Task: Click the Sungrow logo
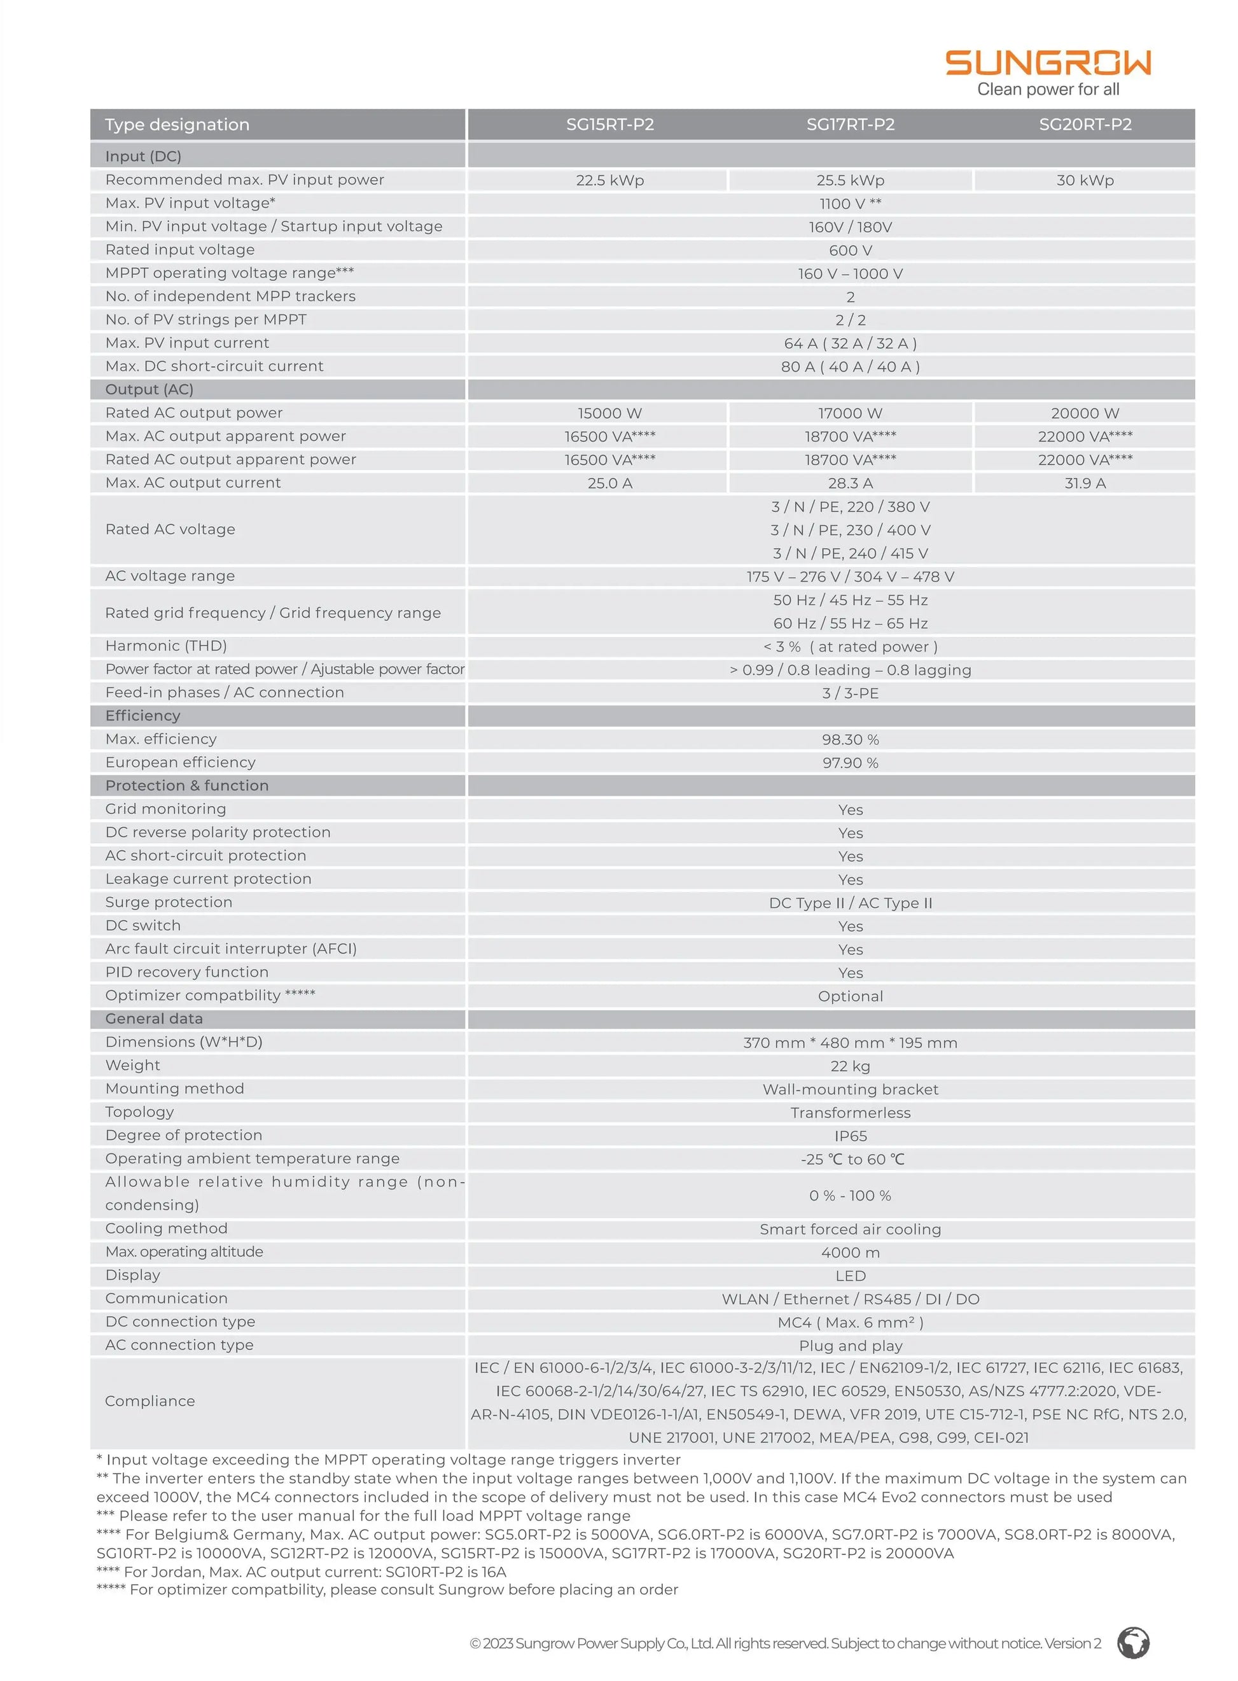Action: pos(1047,63)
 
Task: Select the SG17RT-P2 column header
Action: pos(850,125)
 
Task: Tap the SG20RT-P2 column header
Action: pos(1085,125)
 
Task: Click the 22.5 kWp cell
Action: pos(609,181)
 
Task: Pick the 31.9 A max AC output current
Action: pos(1085,484)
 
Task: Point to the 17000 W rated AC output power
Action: pos(850,414)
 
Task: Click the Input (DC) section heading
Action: pos(143,157)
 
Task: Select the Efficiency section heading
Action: pos(143,716)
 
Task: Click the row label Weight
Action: pos(132,1065)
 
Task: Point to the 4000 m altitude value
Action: pos(850,1252)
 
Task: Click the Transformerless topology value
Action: pos(850,1113)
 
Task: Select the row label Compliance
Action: pos(150,1400)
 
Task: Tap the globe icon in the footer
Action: pos(1133,1643)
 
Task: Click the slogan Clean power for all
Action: pos(1048,90)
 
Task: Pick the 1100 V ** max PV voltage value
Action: pos(850,204)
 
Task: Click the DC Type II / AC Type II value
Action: pos(850,903)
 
